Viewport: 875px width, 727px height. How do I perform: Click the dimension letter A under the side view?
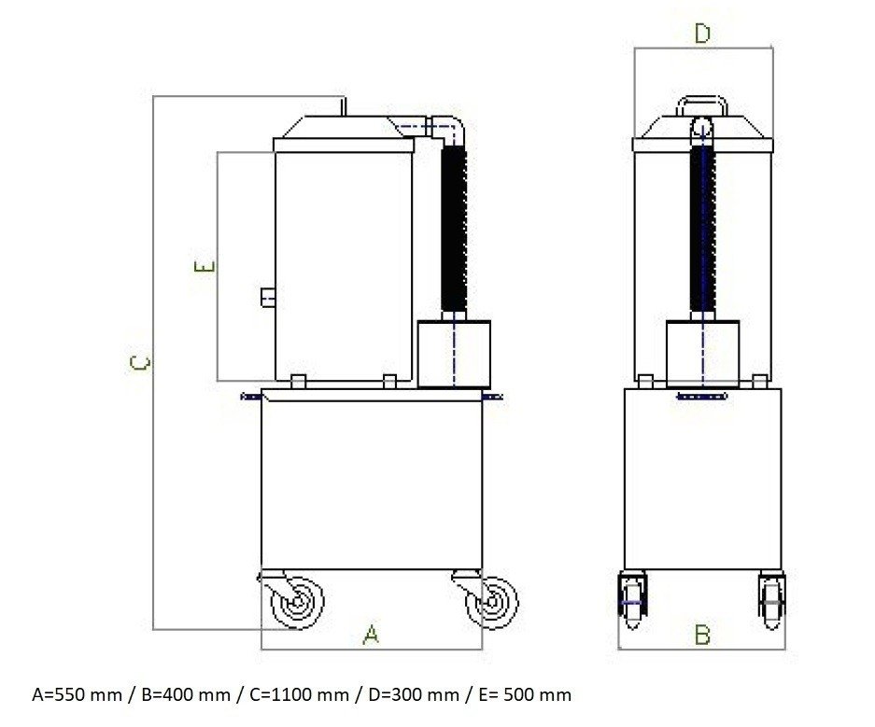coord(371,635)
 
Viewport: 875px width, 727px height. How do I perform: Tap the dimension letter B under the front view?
coord(702,635)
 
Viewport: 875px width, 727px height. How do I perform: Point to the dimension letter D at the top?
coord(702,34)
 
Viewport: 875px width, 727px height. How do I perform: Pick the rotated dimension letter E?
coord(205,267)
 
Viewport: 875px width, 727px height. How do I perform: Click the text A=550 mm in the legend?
coord(77,694)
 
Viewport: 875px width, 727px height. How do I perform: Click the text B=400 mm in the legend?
coord(186,694)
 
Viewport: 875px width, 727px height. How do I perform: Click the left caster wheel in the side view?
coord(297,602)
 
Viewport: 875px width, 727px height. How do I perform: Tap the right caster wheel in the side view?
coord(491,602)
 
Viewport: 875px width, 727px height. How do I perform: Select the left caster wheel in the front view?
coord(633,601)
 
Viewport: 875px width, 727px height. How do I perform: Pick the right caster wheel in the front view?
coord(771,601)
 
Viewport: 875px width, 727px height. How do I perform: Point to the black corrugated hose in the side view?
coord(454,229)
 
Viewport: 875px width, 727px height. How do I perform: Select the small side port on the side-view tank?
coord(268,297)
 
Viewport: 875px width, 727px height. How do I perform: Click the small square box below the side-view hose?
coord(454,354)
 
